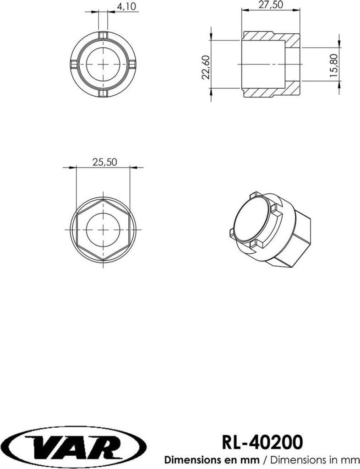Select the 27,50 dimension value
pyautogui.click(x=271, y=5)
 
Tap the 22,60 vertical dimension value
pyautogui.click(x=206, y=67)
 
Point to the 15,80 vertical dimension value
pyautogui.click(x=333, y=65)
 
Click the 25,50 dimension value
pyautogui.click(x=104, y=162)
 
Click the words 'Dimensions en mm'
pyautogui.click(x=212, y=460)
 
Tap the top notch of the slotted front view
pyautogui.click(x=103, y=35)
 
